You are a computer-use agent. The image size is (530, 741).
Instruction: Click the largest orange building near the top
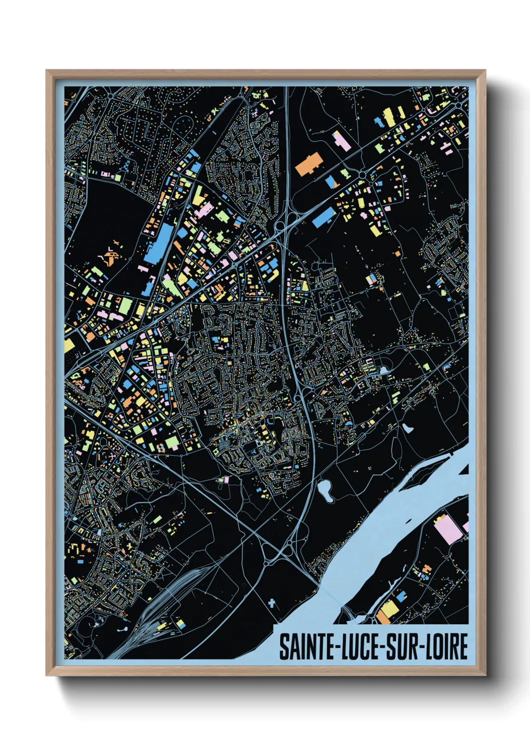pos(308,164)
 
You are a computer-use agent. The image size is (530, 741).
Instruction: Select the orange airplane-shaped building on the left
pos(112,257)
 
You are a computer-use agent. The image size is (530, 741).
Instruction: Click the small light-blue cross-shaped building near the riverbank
pos(272,603)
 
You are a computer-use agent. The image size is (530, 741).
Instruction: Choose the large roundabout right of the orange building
pos(362,175)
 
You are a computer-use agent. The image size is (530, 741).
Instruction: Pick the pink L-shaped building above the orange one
pos(342,141)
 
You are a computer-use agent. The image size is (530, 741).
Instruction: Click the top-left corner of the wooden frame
pos(47,71)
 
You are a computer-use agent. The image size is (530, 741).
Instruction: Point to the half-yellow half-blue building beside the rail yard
pos(180,624)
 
